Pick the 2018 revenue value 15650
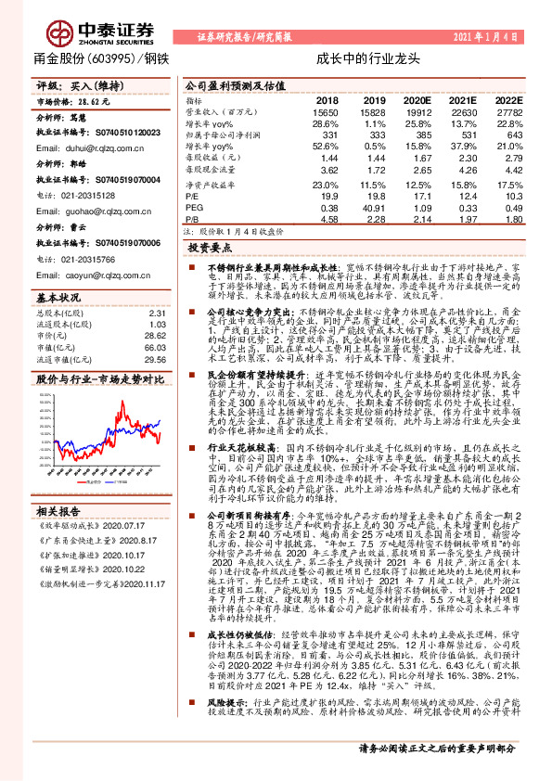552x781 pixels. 327,111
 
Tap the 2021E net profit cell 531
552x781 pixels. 464,135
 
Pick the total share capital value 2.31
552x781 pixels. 157,314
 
